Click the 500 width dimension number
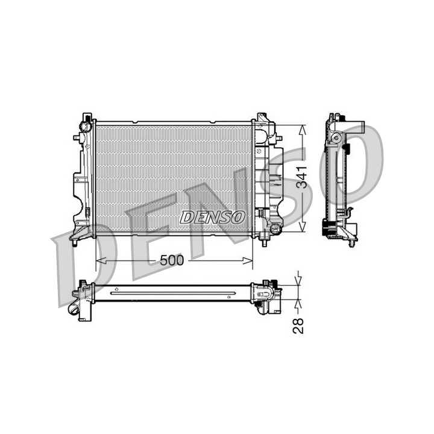(x=172, y=260)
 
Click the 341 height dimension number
(x=302, y=177)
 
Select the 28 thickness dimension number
(x=298, y=326)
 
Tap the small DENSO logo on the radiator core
(x=212, y=217)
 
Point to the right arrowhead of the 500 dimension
(x=248, y=260)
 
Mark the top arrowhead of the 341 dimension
(x=303, y=130)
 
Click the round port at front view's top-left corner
(x=84, y=127)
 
